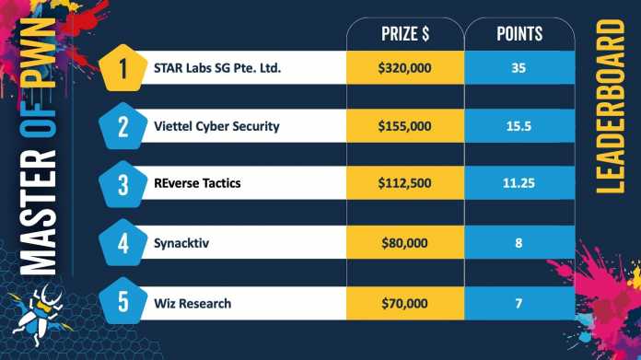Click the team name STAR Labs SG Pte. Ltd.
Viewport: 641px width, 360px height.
(218, 68)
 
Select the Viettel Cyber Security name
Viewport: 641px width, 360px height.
(216, 127)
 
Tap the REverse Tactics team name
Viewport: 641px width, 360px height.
(197, 184)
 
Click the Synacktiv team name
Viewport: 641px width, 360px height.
(182, 243)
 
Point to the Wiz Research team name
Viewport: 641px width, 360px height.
(192, 301)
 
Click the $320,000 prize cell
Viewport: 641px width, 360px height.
(404, 68)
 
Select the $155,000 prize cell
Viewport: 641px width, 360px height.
(404, 127)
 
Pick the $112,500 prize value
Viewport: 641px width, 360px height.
(404, 184)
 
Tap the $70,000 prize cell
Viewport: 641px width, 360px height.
(404, 301)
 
